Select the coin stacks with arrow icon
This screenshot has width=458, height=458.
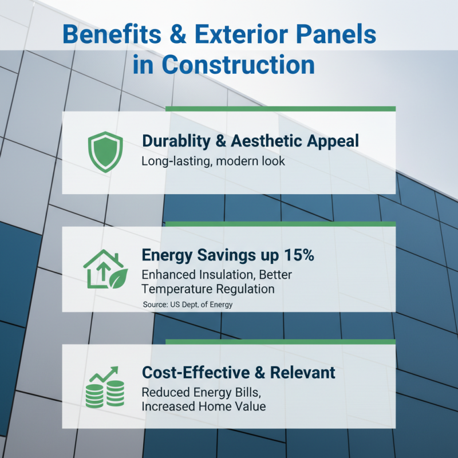(x=105, y=388)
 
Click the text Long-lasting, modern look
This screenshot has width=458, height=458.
(x=213, y=161)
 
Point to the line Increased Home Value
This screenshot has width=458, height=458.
(x=203, y=406)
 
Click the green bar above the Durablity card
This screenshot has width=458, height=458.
(x=280, y=108)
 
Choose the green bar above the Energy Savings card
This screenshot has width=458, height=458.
(x=280, y=224)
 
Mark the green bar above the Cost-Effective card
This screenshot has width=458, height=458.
(x=280, y=342)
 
